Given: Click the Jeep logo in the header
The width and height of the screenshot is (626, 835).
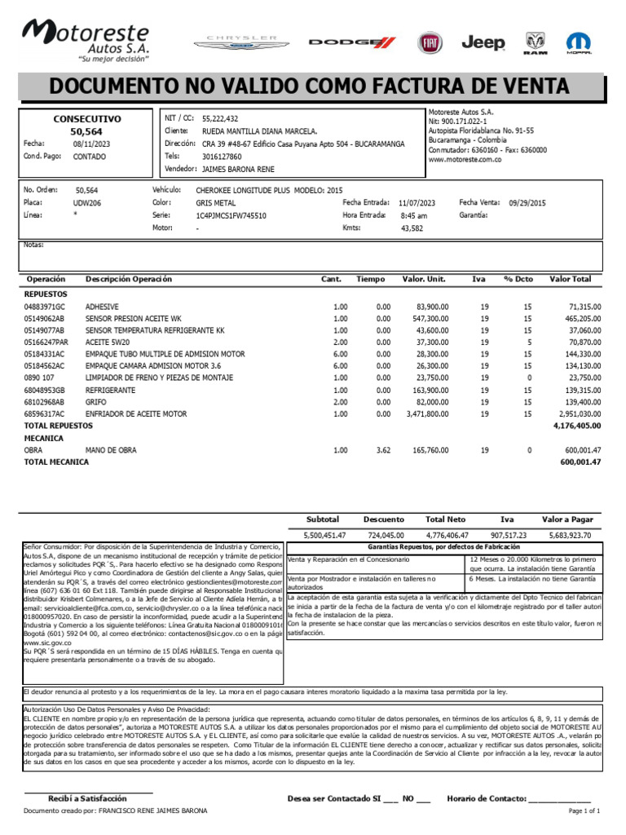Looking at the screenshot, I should coord(483,42).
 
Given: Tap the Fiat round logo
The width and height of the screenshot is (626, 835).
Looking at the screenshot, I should coord(430,43).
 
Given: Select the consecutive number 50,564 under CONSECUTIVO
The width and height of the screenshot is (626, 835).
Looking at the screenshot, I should coord(86,130).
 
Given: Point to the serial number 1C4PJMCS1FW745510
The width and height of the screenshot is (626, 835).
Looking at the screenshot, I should coord(231,215).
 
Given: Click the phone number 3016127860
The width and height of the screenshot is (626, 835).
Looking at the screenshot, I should coord(222,156).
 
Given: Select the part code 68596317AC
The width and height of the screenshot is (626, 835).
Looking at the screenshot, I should coord(44,415).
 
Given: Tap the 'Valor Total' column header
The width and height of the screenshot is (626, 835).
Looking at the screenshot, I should coord(571,279).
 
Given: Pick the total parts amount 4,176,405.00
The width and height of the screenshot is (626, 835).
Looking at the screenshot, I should coord(576,426).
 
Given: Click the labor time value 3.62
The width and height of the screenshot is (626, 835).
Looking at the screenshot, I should coord(383,450).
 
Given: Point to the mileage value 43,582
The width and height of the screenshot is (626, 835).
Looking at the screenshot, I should coord(412,228).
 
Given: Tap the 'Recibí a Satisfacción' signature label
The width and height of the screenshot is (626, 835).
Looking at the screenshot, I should coord(87,798).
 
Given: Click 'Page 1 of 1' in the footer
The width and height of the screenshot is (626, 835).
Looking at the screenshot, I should coord(584,811).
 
